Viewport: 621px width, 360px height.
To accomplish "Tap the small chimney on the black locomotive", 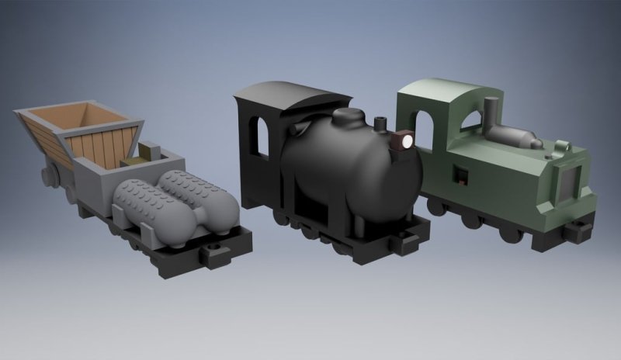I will coord(380,125).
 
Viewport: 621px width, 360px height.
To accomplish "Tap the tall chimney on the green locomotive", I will coord(491,115).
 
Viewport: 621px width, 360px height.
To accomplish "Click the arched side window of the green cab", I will coord(425,130).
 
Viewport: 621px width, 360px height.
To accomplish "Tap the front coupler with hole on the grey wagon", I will coord(211,253).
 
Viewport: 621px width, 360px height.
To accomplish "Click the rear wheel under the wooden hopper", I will coord(49,175).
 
